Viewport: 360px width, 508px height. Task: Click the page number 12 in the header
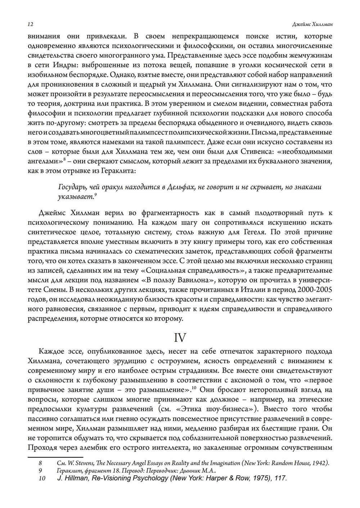30,24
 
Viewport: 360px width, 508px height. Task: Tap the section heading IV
180,337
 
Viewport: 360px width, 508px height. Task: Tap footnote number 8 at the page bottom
40,463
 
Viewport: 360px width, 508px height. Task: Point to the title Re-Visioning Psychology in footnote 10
130,478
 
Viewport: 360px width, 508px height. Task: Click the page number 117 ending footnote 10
280,478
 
